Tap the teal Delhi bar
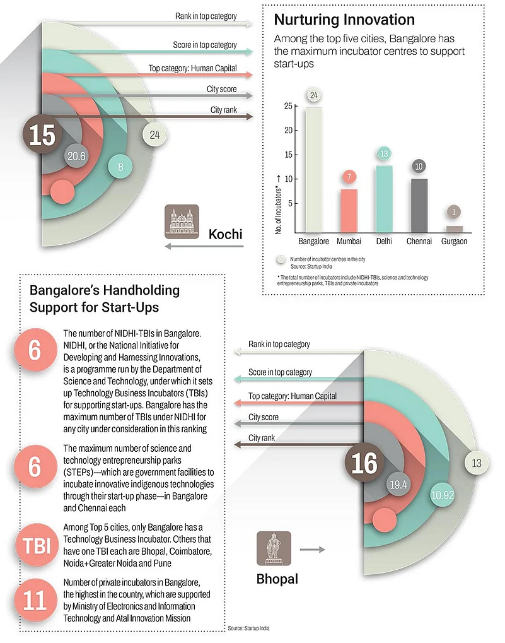point(384,198)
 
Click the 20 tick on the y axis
point(287,131)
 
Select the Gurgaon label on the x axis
point(453,241)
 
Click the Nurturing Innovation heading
point(344,19)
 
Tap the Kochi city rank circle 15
point(42,136)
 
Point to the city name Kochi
point(225,234)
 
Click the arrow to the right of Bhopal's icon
point(308,550)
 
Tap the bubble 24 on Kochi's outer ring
point(154,134)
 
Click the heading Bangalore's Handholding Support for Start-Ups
point(104,298)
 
